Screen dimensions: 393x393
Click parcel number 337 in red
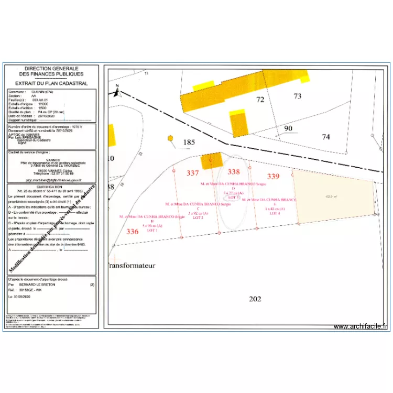[x=193, y=173]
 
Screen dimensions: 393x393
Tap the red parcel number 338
[x=233, y=172]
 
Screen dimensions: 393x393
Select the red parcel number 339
[x=273, y=176]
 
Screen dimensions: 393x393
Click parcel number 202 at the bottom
[x=254, y=299]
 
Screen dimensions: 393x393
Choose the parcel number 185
[x=189, y=142]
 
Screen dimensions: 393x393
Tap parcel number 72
[x=260, y=99]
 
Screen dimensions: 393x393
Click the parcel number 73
[x=298, y=96]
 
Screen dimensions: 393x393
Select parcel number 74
[x=326, y=137]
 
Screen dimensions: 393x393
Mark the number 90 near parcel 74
[x=288, y=128]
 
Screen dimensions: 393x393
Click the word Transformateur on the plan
[x=132, y=266]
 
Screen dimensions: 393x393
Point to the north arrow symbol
[x=117, y=92]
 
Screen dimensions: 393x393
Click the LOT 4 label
[x=275, y=213]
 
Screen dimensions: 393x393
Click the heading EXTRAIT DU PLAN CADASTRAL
[x=51, y=83]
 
